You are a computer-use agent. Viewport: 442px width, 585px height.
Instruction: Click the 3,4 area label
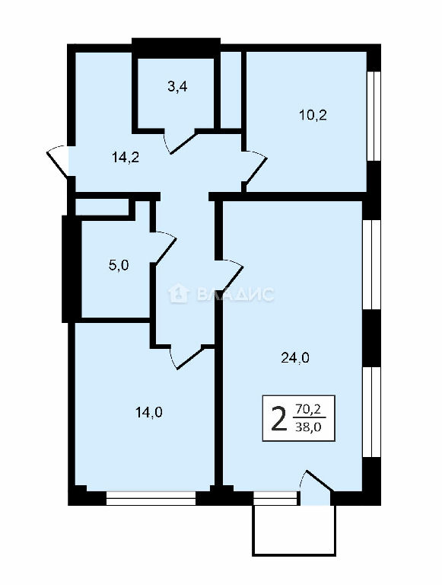point(177,88)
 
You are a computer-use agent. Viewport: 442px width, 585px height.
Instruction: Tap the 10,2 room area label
point(313,115)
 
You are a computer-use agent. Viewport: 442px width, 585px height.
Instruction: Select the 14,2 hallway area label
point(126,158)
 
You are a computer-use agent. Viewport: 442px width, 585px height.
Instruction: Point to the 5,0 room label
point(119,266)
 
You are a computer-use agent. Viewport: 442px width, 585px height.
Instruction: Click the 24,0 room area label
point(294,358)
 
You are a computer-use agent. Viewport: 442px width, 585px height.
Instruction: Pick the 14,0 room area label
point(148,413)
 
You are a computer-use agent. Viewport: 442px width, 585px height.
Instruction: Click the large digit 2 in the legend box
point(279,418)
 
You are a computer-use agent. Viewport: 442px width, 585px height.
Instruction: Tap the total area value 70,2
point(308,409)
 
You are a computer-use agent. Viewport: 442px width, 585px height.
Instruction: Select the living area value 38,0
point(308,427)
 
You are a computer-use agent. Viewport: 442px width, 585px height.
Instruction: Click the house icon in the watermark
point(180,293)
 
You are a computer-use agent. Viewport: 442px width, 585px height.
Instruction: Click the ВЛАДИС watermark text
point(235,294)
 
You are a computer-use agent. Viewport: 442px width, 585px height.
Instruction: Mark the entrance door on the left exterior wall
point(58,161)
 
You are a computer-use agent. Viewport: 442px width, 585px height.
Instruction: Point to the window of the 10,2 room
point(374,116)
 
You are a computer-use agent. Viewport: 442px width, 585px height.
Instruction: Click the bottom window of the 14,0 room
point(151,498)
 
